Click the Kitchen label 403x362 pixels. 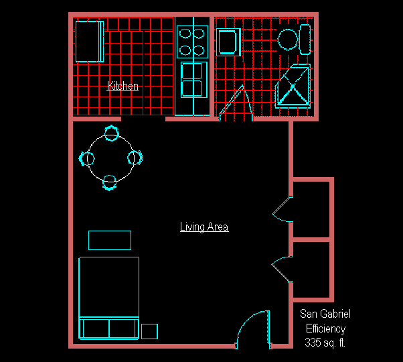[123, 86]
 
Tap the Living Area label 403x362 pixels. [204, 227]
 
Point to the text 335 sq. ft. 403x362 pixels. [325, 343]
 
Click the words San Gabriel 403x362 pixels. [325, 314]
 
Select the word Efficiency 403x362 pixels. [325, 328]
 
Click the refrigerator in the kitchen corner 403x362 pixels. [90, 42]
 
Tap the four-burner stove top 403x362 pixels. [192, 42]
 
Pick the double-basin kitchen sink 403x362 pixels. [194, 80]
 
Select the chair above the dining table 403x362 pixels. [112, 133]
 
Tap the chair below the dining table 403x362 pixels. [110, 182]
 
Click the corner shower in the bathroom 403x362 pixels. [293, 86]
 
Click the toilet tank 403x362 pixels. [305, 40]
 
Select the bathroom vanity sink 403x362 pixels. [228, 42]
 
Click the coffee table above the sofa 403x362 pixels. [110, 240]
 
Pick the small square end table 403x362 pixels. [149, 331]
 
